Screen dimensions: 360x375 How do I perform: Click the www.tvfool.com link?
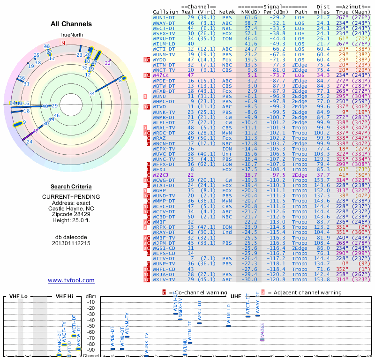71,280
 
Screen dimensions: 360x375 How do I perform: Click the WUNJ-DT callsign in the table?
164,17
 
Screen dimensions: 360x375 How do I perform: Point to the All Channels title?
71,24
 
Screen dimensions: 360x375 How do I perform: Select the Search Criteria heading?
71,187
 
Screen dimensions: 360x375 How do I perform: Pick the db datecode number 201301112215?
71,243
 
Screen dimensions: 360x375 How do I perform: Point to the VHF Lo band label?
17,297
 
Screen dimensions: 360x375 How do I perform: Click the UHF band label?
235,297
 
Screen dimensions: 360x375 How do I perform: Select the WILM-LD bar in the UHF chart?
228,325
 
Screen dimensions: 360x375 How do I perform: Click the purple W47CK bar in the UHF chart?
262,338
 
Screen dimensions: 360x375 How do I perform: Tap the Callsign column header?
165,11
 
